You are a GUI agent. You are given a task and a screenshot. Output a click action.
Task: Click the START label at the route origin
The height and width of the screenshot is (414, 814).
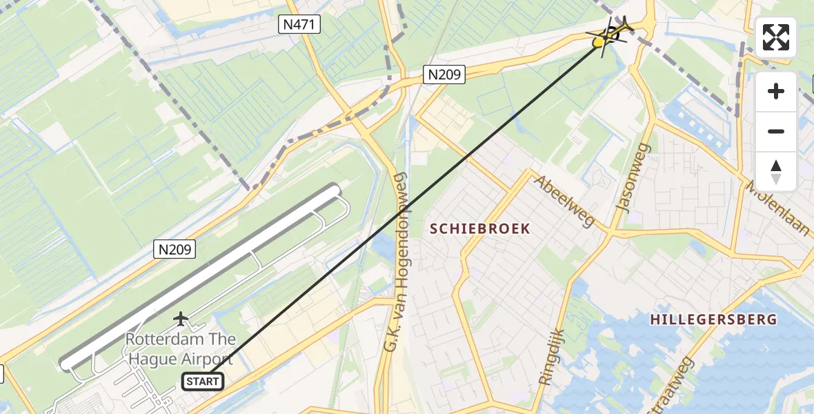click(x=203, y=381)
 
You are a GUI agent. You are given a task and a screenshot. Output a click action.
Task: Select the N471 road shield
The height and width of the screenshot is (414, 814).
click(x=300, y=25)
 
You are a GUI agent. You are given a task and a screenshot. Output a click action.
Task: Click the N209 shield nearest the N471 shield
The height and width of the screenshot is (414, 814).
click(x=444, y=74)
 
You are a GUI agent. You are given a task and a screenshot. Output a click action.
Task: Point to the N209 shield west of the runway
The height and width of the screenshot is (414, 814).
click(x=175, y=249)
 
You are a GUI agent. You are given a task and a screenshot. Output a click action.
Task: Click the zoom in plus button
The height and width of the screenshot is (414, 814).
click(x=776, y=91)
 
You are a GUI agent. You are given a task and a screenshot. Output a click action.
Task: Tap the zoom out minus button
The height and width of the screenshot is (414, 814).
click(x=776, y=131)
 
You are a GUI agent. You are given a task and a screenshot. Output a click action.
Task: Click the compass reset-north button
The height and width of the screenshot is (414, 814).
click(x=776, y=171)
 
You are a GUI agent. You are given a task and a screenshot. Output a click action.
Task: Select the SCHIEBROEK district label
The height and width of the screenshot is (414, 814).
click(x=481, y=228)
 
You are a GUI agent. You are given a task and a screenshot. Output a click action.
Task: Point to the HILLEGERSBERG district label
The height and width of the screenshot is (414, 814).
click(x=713, y=319)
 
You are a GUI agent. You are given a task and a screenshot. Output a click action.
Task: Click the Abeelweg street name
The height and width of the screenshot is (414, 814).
click(x=564, y=201)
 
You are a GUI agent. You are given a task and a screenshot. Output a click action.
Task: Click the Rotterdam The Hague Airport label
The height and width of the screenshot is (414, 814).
click(x=180, y=349)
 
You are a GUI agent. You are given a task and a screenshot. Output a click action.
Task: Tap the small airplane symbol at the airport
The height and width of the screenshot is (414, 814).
click(x=181, y=319)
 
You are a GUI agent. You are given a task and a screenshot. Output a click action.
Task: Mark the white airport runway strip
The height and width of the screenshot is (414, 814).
click(x=200, y=276)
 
